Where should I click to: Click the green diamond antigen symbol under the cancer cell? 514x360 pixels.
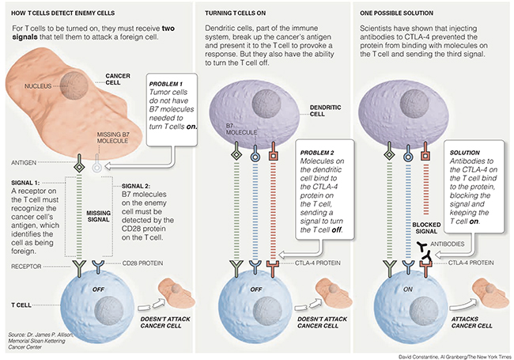coord(79,167)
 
